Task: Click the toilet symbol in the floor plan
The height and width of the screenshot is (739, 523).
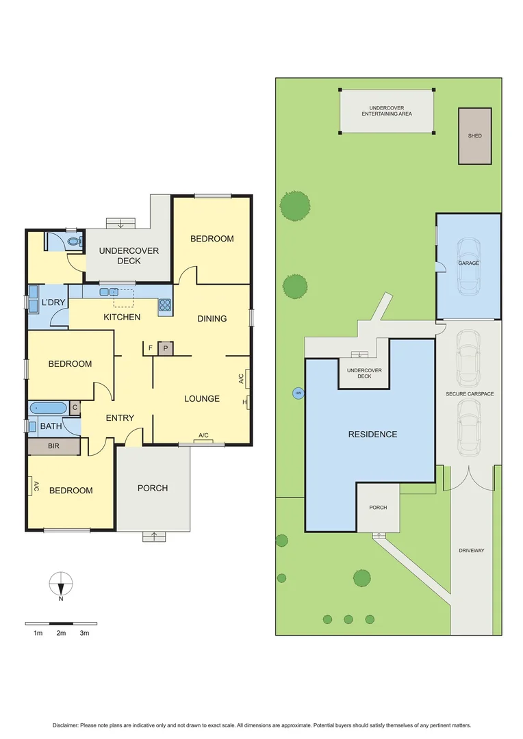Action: pyautogui.click(x=75, y=242)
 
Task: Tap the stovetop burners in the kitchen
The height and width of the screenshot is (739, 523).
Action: pyautogui.click(x=165, y=306)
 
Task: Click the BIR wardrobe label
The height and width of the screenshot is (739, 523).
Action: pyautogui.click(x=53, y=445)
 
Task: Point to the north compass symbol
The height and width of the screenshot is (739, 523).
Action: pyautogui.click(x=61, y=585)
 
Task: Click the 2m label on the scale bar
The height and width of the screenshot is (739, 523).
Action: pyautogui.click(x=61, y=634)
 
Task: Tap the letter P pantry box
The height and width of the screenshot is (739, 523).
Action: pyautogui.click(x=164, y=348)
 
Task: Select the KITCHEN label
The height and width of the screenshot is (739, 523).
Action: pyautogui.click(x=122, y=317)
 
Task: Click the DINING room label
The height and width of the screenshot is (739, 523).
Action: pyautogui.click(x=212, y=318)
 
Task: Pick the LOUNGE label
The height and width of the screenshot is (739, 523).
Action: pyautogui.click(x=201, y=398)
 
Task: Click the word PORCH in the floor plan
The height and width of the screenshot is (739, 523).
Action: pyautogui.click(x=153, y=488)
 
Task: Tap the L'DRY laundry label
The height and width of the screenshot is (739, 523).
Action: pyautogui.click(x=53, y=302)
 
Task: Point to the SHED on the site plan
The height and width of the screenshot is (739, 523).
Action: pyautogui.click(x=474, y=135)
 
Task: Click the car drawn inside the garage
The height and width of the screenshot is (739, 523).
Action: pyautogui.click(x=469, y=265)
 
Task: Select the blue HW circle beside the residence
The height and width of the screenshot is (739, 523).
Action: pyautogui.click(x=298, y=393)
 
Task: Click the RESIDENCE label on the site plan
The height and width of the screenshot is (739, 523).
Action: pyautogui.click(x=372, y=434)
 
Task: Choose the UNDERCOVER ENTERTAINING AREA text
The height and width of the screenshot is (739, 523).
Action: pyautogui.click(x=387, y=112)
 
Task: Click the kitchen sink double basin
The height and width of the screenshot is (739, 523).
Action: pyautogui.click(x=108, y=292)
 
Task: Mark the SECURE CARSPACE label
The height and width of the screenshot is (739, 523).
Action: pyautogui.click(x=470, y=394)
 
